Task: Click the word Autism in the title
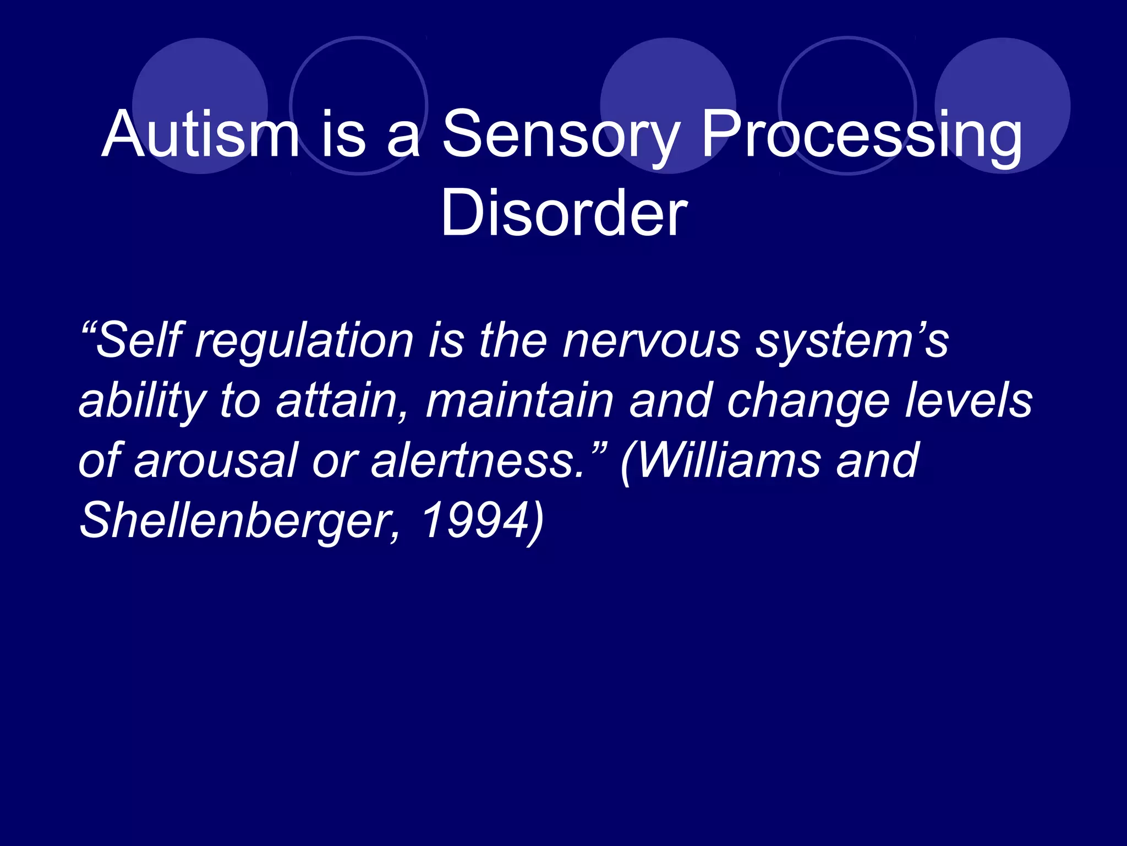200,134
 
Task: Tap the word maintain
519,401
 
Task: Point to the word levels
969,401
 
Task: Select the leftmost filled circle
200,106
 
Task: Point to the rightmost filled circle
1002,106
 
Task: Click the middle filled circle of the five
668,106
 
